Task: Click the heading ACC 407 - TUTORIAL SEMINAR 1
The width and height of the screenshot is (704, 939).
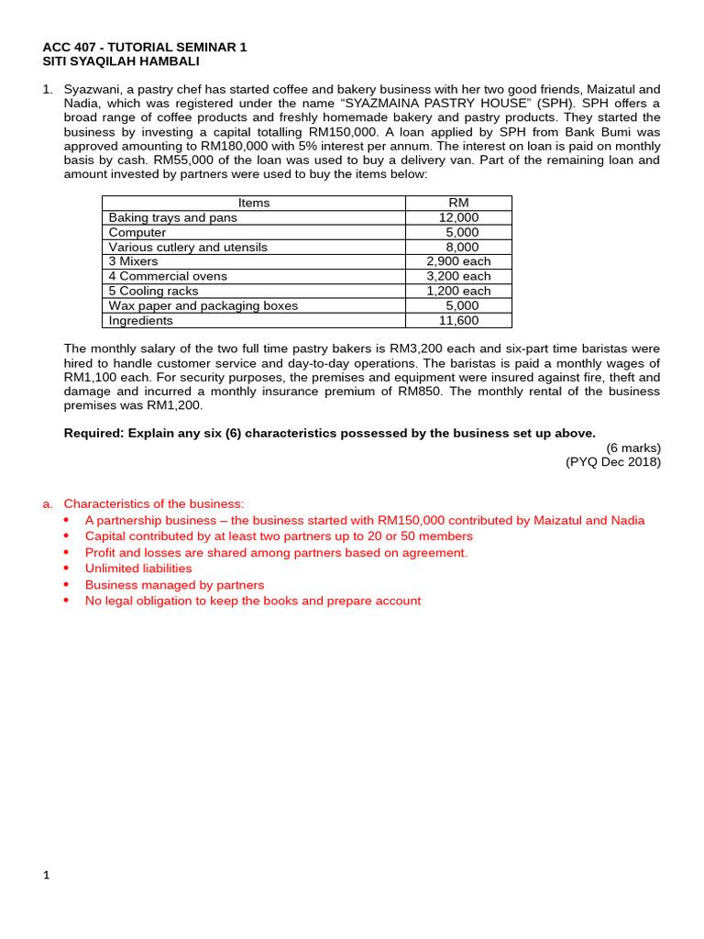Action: point(145,47)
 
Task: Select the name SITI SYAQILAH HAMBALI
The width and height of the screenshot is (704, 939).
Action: point(121,61)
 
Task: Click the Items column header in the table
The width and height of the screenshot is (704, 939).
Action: point(254,203)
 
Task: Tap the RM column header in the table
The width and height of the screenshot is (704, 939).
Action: point(458,203)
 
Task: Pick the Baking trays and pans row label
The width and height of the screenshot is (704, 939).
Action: point(172,217)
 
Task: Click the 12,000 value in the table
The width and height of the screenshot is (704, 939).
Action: point(458,217)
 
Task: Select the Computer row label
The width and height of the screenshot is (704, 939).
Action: point(137,232)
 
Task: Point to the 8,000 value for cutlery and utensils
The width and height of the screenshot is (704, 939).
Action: point(462,247)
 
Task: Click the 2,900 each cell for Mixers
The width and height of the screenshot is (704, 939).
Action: point(458,261)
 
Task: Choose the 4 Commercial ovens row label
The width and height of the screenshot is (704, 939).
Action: point(168,276)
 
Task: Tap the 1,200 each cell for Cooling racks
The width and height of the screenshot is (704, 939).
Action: point(458,291)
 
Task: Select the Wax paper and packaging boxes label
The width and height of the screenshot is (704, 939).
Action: point(203,305)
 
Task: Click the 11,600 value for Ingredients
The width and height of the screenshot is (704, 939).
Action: point(458,320)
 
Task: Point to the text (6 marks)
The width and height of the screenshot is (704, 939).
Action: point(633,447)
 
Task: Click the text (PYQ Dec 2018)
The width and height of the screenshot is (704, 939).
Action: point(613,461)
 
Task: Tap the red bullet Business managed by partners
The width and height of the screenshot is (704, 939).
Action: point(174,585)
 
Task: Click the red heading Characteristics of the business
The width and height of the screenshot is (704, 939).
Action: point(154,503)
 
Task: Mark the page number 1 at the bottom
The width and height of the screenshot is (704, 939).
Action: point(47,875)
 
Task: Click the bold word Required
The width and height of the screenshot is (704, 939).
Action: point(93,433)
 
